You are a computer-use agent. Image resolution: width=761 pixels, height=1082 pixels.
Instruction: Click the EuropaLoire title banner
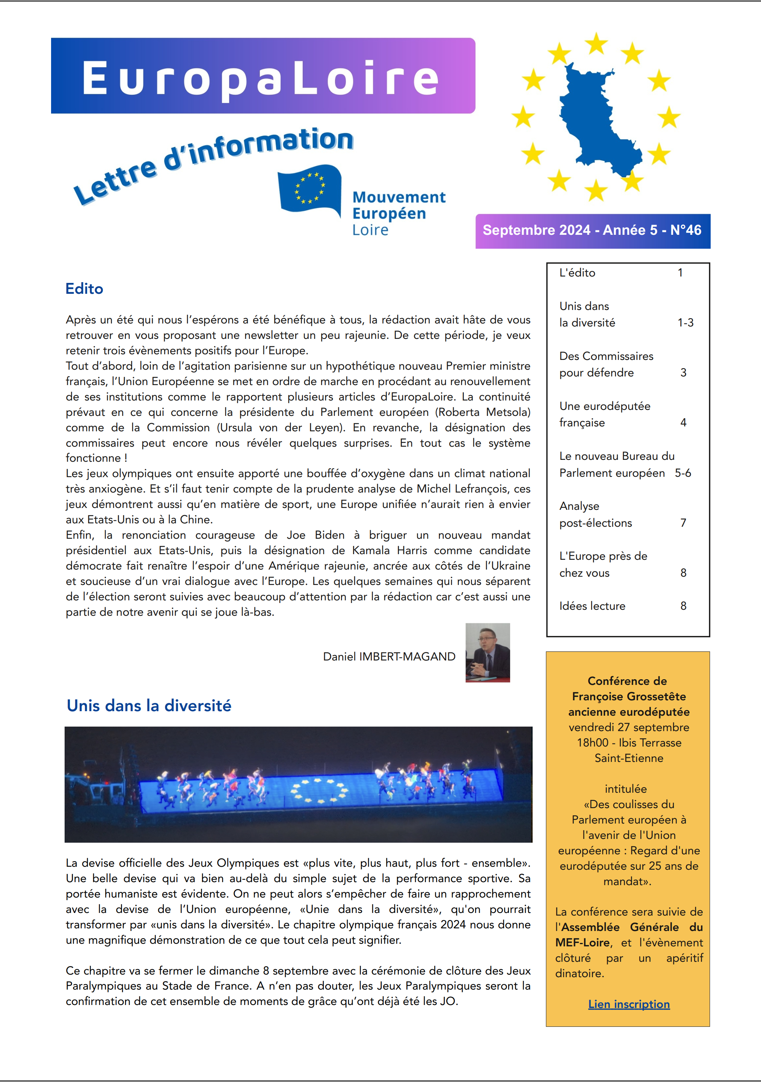point(263,76)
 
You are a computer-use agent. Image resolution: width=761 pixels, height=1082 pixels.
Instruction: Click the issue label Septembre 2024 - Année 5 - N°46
point(592,230)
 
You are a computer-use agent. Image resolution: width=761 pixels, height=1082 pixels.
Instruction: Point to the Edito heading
point(85,289)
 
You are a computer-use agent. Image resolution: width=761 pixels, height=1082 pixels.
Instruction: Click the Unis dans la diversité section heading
point(149,706)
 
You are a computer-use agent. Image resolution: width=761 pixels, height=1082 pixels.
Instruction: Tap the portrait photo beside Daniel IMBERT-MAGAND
point(487,653)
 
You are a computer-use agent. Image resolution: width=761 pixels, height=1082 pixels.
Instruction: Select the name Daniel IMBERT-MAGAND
point(389,656)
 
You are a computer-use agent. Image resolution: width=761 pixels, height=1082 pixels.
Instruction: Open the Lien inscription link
point(628,1004)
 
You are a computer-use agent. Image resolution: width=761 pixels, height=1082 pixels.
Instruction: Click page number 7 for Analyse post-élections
point(683,523)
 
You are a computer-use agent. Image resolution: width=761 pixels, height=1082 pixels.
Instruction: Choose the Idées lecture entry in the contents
point(592,606)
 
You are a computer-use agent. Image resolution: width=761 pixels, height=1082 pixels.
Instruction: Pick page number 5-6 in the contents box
point(682,473)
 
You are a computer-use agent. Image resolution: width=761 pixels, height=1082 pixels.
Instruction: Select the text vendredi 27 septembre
point(628,727)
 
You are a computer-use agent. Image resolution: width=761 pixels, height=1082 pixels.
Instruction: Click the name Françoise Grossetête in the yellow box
point(628,697)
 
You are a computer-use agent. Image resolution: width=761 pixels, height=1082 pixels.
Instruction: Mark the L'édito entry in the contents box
point(577,273)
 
